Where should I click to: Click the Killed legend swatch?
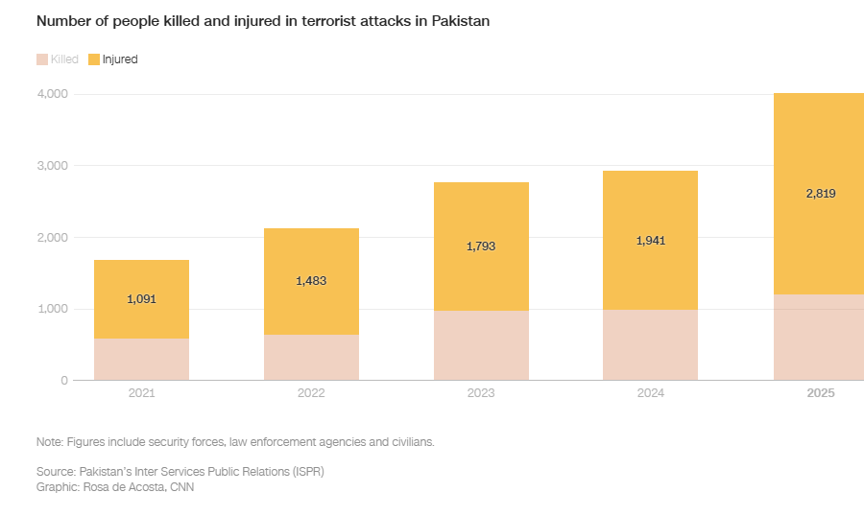42,59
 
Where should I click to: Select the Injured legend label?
120,59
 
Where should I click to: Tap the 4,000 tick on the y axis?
52,94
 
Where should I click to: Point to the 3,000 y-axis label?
52,166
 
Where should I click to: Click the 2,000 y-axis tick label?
52,238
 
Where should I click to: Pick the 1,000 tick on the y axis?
52,309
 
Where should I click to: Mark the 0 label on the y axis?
64,381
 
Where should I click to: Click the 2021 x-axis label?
141,394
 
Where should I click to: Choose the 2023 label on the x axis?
481,394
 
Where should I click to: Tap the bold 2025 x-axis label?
821,394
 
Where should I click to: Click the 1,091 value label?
141,299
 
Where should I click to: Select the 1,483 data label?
311,281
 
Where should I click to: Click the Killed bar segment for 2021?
141,360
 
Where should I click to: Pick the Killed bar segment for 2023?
481,345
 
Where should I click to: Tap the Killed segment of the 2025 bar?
821,338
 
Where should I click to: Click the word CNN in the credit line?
181,486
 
